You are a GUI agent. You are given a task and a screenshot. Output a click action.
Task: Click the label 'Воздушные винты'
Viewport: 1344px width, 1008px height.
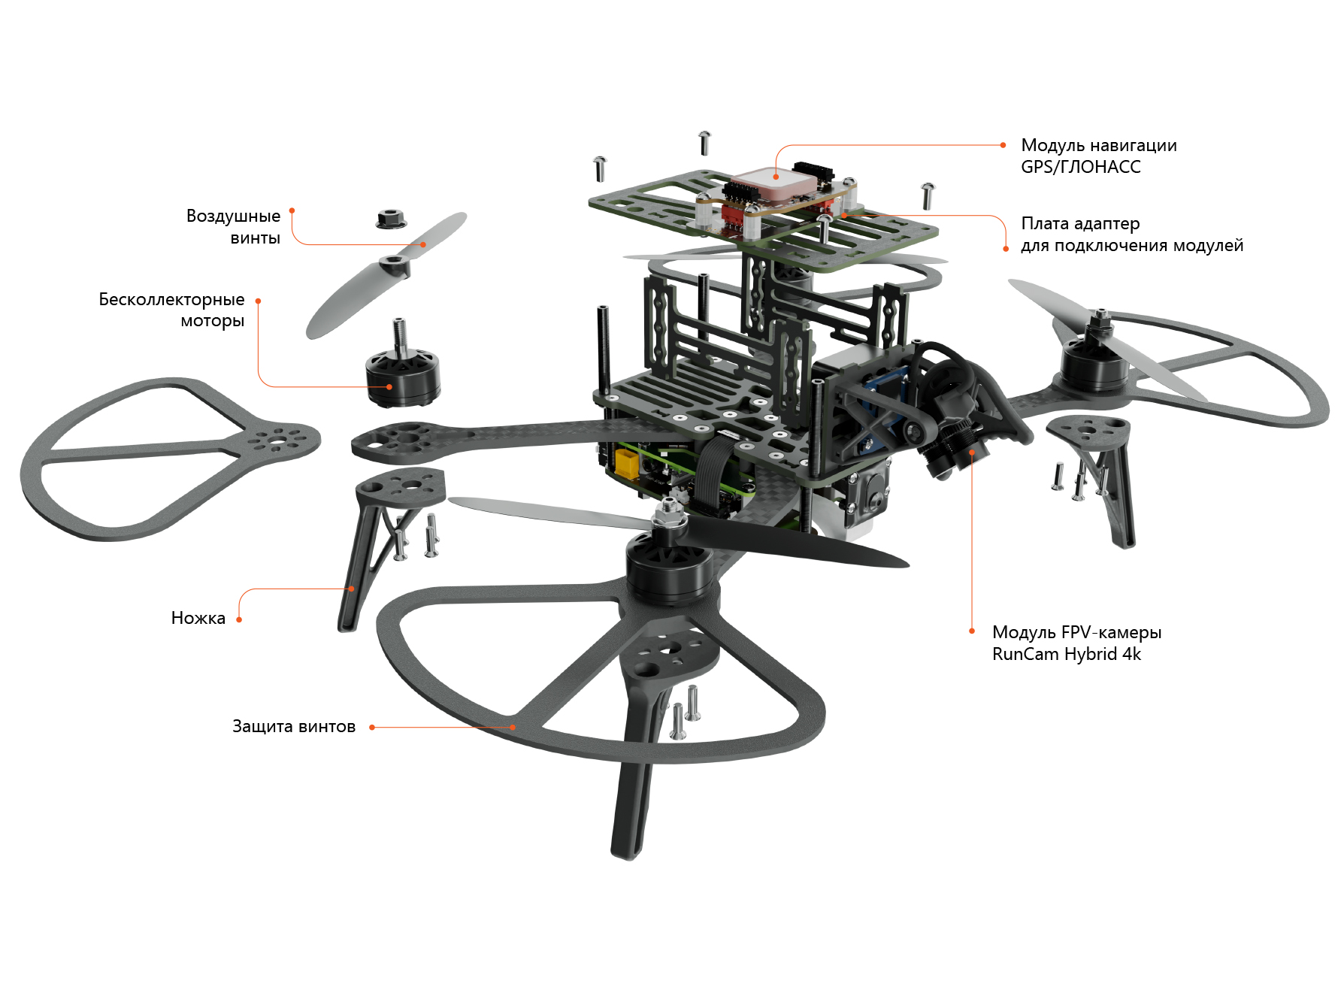point(233,227)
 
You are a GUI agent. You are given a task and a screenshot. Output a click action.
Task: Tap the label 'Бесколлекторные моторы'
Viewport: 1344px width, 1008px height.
point(171,310)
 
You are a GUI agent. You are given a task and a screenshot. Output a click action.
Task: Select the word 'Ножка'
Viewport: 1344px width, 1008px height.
point(198,618)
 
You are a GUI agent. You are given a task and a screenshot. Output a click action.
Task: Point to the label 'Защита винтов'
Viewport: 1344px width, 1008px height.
point(294,726)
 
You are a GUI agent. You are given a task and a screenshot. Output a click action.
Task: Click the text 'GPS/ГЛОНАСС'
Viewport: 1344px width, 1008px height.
point(1080,167)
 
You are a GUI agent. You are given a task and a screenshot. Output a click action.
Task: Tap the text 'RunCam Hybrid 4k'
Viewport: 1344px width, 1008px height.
point(1066,654)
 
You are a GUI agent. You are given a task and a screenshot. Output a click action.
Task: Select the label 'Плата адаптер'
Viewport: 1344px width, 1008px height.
point(1080,223)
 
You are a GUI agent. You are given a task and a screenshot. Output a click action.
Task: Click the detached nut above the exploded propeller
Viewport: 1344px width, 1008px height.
point(391,219)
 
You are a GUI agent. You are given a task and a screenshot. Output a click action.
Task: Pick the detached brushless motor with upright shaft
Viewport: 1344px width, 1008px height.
point(403,365)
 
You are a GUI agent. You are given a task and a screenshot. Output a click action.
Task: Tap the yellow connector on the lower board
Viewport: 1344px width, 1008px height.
point(626,463)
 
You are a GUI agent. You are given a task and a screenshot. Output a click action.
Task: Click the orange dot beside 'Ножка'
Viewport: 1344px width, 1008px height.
point(239,620)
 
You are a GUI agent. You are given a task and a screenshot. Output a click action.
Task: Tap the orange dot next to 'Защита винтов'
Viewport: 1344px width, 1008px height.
point(372,727)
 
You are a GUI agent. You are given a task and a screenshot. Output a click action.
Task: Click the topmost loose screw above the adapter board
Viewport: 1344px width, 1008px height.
point(704,143)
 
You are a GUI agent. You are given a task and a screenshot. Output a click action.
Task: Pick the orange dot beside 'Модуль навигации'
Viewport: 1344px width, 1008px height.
point(1003,145)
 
